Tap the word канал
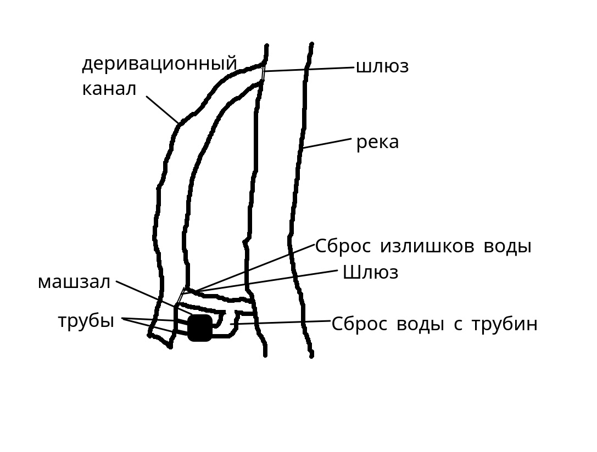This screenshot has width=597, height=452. pos(109,89)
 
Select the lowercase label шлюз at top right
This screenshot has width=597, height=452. pos(382,67)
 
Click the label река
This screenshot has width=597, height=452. pos(377,143)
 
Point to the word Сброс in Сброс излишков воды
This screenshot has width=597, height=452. pos(343,246)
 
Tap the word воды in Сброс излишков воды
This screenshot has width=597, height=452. pos(507,246)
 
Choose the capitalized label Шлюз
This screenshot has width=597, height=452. pos(370,273)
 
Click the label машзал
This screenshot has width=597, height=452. pos(74,282)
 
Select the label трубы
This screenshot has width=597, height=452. pos(86,321)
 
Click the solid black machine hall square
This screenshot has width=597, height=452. pos(200,327)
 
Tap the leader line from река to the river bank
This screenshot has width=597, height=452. pos(326,143)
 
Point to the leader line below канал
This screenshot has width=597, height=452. pos(163,110)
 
